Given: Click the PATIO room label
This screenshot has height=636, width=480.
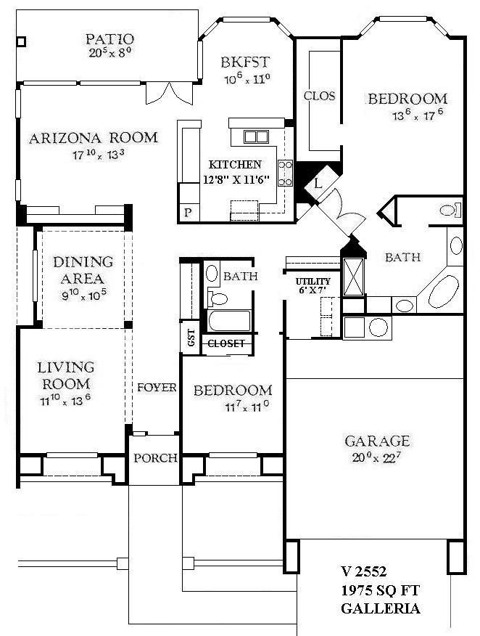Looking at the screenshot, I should [109, 38].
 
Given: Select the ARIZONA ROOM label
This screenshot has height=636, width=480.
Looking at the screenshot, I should [94, 137].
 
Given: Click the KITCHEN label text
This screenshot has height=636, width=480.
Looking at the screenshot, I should [236, 164].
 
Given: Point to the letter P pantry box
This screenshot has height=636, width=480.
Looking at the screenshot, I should [189, 212].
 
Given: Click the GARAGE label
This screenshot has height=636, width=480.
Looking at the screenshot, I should [376, 440].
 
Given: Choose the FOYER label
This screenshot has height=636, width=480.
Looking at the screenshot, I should [157, 388].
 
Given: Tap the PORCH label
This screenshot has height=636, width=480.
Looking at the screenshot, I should [155, 457].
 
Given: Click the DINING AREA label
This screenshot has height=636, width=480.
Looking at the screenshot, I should [84, 269].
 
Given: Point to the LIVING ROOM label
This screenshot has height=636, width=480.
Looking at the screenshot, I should [66, 375].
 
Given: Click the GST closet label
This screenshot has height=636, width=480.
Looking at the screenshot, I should [191, 338].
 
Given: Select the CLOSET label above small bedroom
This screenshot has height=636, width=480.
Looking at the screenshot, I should [227, 343].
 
